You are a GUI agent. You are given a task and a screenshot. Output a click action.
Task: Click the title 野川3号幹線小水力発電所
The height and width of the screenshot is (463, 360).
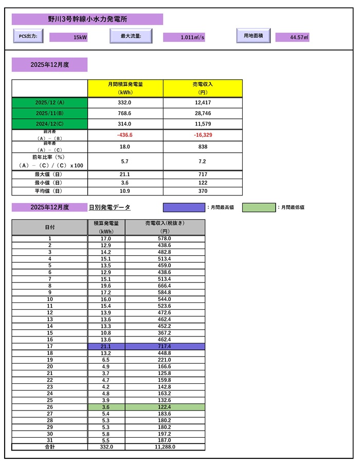tap(87, 19)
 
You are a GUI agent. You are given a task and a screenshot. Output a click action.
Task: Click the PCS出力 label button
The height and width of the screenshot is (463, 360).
tap(28, 37)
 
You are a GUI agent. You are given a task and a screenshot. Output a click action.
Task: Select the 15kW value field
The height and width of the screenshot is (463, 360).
tap(72, 38)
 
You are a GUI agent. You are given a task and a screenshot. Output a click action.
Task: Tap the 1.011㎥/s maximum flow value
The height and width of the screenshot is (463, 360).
tap(184, 38)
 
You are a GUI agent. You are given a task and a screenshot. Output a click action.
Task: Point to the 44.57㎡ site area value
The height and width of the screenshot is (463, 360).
tap(292, 38)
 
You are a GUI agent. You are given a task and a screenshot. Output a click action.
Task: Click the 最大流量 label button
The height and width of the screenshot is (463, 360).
tap(132, 37)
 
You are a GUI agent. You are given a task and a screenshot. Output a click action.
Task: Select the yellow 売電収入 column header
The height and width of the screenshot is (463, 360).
tap(202, 88)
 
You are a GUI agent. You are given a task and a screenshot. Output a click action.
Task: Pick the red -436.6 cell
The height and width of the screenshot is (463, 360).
tap(125, 135)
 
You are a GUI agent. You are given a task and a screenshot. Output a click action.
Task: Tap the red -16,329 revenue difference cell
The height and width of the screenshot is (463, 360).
tap(202, 135)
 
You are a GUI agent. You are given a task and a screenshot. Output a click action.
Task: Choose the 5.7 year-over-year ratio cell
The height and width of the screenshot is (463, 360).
tap(125, 161)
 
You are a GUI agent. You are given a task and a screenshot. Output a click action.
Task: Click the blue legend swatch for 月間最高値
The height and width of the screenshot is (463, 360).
tap(184, 207)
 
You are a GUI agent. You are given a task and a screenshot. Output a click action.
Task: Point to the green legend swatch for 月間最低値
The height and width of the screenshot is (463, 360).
tap(259, 207)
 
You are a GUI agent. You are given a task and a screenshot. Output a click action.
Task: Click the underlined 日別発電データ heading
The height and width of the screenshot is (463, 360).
tap(110, 207)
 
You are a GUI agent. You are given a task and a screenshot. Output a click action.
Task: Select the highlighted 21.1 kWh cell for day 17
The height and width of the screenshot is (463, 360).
tap(106, 347)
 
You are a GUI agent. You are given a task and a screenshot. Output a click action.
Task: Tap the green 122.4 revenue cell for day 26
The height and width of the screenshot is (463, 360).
tap(165, 407)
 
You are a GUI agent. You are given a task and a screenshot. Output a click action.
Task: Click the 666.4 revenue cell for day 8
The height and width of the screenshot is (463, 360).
tap(165, 286)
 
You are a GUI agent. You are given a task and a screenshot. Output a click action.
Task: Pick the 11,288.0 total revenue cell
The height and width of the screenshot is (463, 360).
tap(165, 447)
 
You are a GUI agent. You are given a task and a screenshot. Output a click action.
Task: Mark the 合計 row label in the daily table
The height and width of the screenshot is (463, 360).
tap(50, 447)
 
